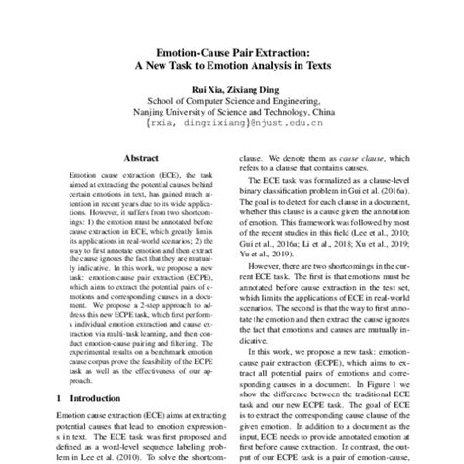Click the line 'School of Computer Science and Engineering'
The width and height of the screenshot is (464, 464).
click(x=232, y=99)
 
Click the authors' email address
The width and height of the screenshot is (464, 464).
click(x=232, y=126)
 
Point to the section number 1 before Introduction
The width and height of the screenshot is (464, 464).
click(x=62, y=400)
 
